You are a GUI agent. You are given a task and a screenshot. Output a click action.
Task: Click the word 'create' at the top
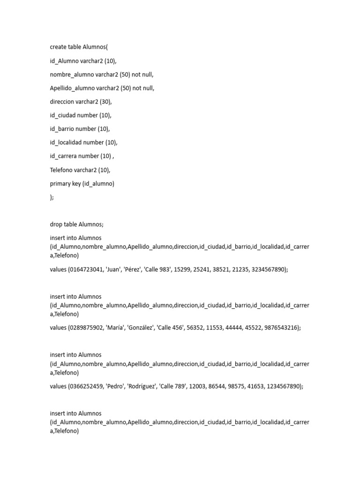coord(59,47)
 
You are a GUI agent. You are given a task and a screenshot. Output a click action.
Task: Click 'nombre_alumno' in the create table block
coord(72,74)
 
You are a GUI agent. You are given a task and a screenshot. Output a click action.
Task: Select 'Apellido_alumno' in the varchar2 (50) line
coord(72,88)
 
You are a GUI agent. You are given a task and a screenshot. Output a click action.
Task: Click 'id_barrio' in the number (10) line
coord(62,129)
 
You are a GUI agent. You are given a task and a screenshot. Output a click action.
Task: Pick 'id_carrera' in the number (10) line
coord(63,156)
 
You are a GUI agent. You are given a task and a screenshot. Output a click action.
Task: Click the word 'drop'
coord(56,225)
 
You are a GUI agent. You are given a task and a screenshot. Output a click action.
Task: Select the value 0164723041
coord(85,270)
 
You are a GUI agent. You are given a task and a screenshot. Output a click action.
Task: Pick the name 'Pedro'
coord(117,387)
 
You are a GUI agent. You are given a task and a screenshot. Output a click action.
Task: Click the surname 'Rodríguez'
coord(147,387)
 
